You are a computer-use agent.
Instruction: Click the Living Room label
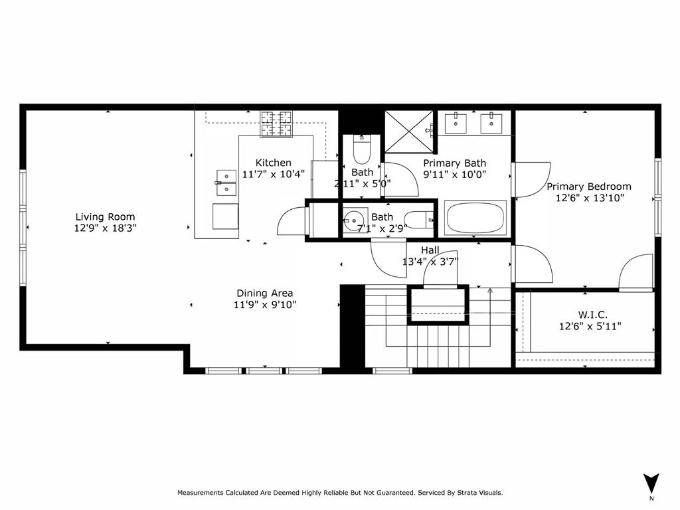[x=105, y=217]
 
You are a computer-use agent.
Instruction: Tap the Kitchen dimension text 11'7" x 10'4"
[x=273, y=175]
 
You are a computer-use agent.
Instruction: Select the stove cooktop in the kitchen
[x=276, y=124]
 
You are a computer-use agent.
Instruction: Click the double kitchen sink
[x=226, y=183]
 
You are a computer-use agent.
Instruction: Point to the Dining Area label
[x=264, y=293]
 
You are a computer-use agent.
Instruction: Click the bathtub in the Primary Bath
[x=475, y=218]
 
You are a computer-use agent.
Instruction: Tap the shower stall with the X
[x=409, y=132]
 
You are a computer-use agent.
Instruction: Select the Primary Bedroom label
[x=588, y=187]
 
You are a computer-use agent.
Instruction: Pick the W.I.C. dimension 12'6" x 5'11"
[x=590, y=326]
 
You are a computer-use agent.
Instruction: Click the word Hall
[x=430, y=250]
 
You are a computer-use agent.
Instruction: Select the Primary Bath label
[x=454, y=163]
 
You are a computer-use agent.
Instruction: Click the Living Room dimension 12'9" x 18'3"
[x=105, y=228]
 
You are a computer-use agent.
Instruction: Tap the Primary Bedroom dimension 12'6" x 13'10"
[x=590, y=198]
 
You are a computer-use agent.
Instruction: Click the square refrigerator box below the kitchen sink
[x=226, y=216]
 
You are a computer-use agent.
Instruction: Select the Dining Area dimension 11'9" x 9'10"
[x=264, y=304]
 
